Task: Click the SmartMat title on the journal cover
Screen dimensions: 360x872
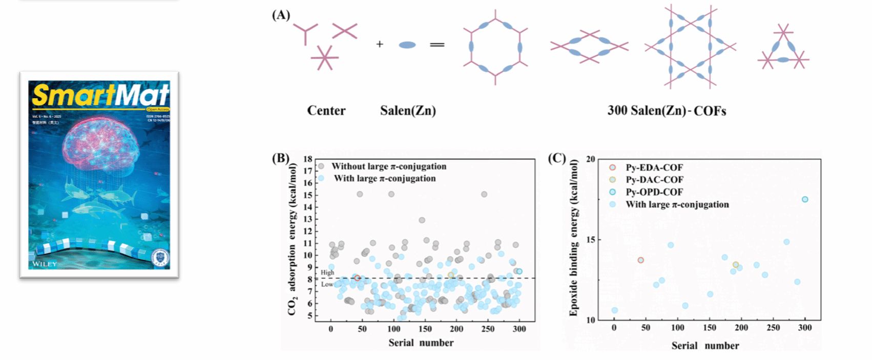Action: click(100, 95)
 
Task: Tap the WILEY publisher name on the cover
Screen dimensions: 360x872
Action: click(45, 264)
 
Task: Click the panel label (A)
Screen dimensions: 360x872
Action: click(281, 15)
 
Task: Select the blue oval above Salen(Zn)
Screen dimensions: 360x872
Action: click(407, 45)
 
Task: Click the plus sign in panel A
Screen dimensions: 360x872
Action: click(380, 45)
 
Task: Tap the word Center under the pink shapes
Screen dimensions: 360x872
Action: click(326, 111)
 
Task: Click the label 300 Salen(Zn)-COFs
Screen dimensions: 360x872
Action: click(667, 111)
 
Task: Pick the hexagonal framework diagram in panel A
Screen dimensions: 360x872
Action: click(495, 47)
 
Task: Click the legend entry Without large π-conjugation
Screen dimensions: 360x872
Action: click(389, 166)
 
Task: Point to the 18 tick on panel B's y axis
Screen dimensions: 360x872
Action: click(307, 159)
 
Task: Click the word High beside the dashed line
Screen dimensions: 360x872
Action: click(327, 272)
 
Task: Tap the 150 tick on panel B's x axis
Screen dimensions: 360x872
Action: click(425, 329)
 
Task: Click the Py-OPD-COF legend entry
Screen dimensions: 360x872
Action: click(654, 192)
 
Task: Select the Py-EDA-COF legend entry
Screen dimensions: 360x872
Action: click(654, 167)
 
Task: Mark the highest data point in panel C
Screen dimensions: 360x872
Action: click(805, 199)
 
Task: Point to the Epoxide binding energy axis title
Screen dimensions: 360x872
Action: click(574, 238)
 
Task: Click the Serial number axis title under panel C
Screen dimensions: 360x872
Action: click(705, 346)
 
